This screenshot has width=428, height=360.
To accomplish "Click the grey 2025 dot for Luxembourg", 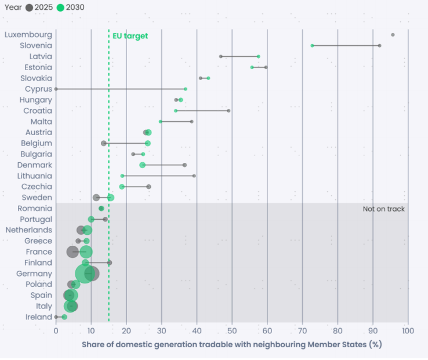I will coord(393,35).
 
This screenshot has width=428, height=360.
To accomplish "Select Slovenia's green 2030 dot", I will coord(312,45).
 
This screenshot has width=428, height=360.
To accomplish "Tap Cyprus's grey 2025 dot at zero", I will coord(56,89).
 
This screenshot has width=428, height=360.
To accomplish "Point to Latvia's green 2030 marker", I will coord(258,56).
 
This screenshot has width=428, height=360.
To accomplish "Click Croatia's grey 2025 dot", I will coord(228,110).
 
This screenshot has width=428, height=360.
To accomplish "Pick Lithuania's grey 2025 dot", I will coord(194,176).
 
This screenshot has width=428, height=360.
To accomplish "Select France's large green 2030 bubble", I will coord(86,252).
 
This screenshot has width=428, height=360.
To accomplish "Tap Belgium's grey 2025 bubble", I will coord(104,143).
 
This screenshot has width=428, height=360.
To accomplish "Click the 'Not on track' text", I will coord(383,209).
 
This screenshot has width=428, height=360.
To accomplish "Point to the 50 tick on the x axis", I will coord(232,331).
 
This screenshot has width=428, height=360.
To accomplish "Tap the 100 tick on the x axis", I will coord(408,331).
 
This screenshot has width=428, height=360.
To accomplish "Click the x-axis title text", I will coord(231,344).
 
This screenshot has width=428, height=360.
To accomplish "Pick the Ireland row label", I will coord(39,317).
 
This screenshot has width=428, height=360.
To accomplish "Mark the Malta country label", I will coord(41,121).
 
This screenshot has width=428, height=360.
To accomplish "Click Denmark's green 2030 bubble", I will coord(143,165).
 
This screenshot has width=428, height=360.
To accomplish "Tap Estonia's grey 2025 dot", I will coord(266,67).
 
